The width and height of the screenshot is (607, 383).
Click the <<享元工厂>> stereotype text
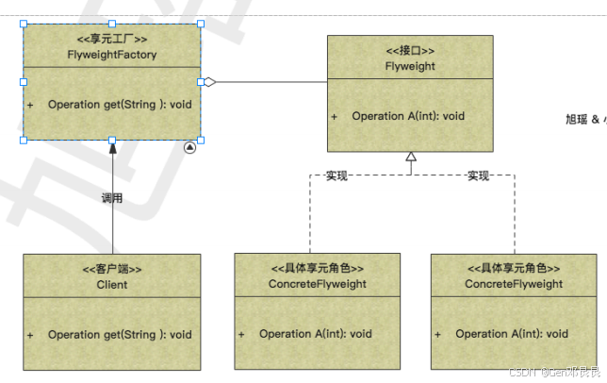[x=112, y=39]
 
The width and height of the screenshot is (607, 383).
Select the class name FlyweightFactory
[x=112, y=55]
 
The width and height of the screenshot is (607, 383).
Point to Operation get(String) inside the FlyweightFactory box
[x=120, y=104]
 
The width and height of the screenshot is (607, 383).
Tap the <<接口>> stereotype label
[x=409, y=50]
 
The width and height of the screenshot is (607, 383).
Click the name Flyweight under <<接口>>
[x=409, y=66]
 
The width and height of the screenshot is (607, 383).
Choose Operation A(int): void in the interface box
[x=408, y=116]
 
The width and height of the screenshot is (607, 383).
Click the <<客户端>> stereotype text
[x=112, y=268]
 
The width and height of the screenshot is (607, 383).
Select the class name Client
[x=112, y=284]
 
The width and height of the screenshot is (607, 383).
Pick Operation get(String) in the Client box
[x=120, y=334]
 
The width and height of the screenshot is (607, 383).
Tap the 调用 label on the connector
[x=112, y=198]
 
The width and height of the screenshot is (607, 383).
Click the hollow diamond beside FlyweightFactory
[x=210, y=82]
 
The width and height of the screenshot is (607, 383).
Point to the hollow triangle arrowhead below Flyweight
[x=410, y=158]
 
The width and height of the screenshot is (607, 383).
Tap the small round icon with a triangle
[x=189, y=147]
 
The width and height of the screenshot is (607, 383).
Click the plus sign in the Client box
[x=30, y=335]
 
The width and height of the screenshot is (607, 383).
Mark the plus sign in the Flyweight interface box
[x=335, y=117]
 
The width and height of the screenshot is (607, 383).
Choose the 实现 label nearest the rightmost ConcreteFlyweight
[x=478, y=175]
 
